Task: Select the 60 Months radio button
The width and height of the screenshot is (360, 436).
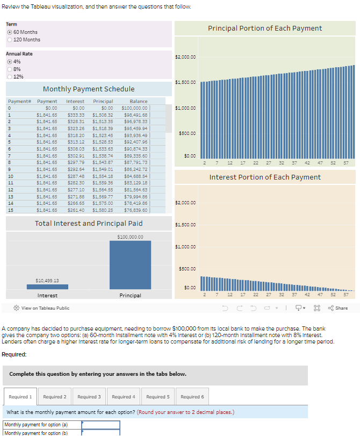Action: coord(10,32)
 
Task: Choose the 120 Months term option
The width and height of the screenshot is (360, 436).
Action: coord(10,40)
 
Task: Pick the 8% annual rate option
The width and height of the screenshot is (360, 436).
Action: coord(10,69)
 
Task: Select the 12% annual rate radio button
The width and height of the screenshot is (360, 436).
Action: coord(10,76)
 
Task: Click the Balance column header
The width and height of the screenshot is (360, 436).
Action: coord(138,101)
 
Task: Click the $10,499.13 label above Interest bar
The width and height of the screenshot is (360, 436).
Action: coord(47,280)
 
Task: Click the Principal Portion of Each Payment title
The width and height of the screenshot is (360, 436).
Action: coord(265,28)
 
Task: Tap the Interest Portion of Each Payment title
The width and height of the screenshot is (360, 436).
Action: coord(265,177)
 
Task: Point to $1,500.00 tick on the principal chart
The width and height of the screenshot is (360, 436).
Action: coord(185,82)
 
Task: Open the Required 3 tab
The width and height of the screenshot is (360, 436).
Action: coord(89,397)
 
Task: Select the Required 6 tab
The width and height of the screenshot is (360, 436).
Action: coord(192,397)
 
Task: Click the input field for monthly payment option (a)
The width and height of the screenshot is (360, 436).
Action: coord(100,425)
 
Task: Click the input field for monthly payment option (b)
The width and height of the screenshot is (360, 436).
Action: coord(100,432)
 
